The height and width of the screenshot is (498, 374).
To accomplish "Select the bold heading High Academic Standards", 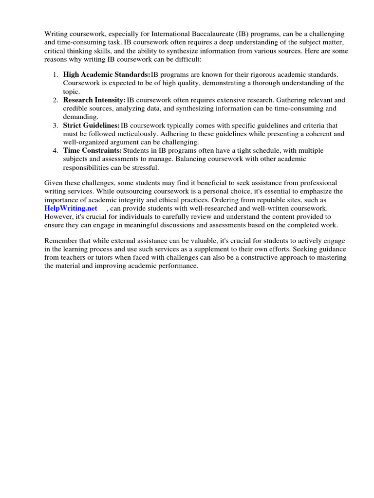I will point(107,74).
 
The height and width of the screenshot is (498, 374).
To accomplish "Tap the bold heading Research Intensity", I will point(94,100).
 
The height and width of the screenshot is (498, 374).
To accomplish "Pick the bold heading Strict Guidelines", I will point(92,125).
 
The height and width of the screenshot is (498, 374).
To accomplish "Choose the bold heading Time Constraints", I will point(93,151).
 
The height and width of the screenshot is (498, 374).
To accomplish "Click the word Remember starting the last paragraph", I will point(61,241).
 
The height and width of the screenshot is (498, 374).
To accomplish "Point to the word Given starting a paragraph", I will point(54,183).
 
